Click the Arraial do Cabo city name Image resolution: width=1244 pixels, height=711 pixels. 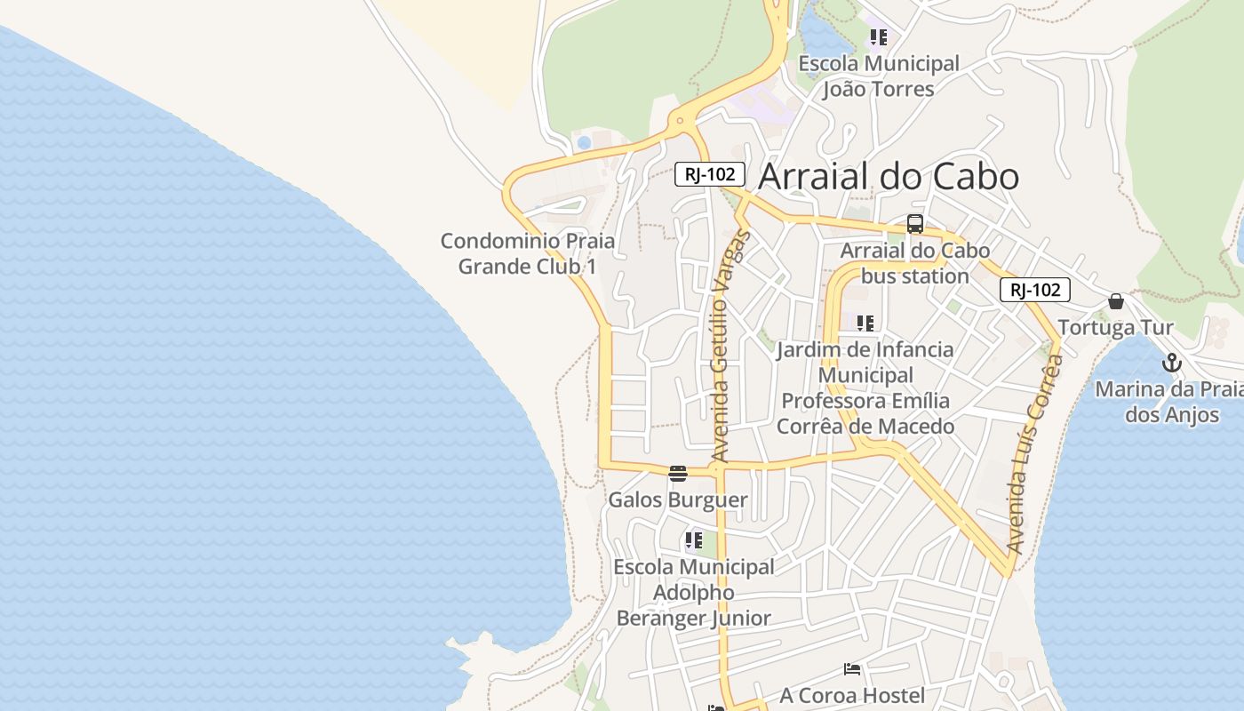point(888,176)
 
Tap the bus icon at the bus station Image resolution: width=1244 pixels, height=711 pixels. point(915,224)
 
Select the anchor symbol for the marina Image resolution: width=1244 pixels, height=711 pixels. point(1172,363)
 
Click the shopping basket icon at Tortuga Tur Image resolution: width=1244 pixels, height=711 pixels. point(1116,301)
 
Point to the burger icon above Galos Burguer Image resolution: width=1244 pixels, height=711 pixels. point(678,473)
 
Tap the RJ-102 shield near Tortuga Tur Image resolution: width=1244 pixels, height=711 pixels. point(1035,289)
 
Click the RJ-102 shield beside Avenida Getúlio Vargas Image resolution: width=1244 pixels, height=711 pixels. point(709,174)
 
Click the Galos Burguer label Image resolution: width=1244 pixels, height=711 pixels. point(678,499)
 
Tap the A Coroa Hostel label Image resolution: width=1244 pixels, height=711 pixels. point(852,695)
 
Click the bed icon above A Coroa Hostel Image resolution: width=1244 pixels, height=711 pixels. point(852,668)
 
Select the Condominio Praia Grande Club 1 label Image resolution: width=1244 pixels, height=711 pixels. point(528,253)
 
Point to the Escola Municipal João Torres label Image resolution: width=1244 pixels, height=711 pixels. point(879,76)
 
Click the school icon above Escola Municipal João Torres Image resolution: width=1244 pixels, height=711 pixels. point(879,37)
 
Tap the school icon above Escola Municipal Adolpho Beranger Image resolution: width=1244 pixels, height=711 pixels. point(694,540)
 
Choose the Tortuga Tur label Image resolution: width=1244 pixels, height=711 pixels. point(1116,327)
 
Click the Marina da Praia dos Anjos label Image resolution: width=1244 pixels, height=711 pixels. point(1169,401)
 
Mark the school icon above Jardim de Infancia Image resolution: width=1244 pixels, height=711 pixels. point(865,323)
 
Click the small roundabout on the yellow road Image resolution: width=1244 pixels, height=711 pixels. point(680,120)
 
